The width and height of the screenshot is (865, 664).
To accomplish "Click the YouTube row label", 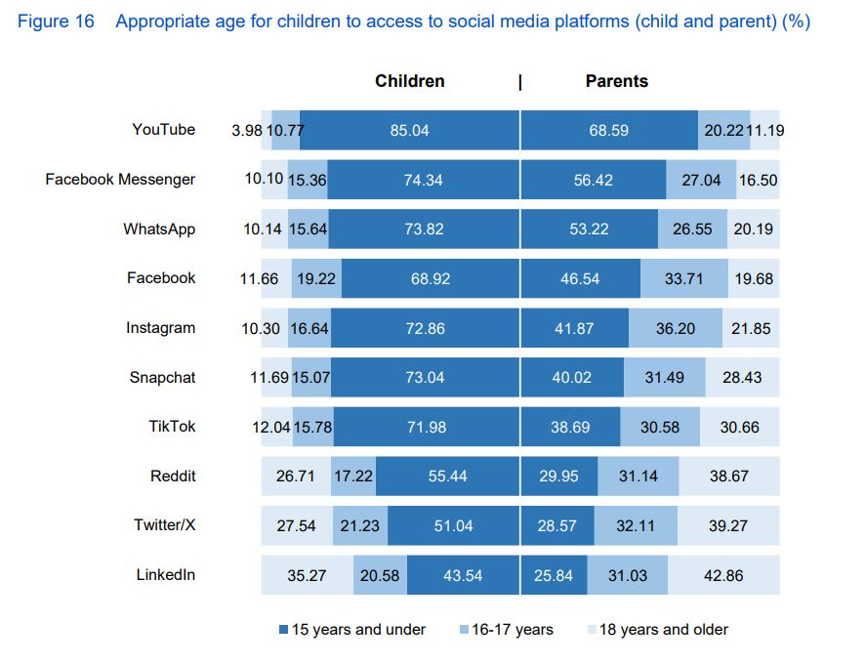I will tap(163, 130).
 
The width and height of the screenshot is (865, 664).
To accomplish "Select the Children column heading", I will tap(409, 82).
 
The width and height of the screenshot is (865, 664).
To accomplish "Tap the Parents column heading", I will tap(616, 82).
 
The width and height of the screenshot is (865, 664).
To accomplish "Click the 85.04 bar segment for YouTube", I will tap(409, 131).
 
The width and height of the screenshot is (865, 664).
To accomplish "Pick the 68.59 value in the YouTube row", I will tap(608, 131).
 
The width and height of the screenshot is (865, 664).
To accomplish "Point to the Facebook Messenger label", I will tap(120, 180).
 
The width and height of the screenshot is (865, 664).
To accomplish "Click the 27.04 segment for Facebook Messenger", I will tap(700, 181).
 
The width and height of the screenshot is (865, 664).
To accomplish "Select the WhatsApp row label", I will tap(159, 229).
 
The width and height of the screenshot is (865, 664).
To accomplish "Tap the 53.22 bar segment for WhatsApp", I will tap(589, 229).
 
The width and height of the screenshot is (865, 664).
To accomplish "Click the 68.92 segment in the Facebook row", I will tap(431, 279).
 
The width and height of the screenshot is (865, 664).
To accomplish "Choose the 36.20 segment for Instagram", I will tap(675, 329).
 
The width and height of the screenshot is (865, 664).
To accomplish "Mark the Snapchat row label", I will tap(162, 378).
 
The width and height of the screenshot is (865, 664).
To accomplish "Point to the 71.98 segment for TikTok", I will tap(425, 428).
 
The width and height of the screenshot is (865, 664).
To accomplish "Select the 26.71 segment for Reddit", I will tap(296, 477).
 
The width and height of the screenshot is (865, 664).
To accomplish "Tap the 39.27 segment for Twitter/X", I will tap(727, 526).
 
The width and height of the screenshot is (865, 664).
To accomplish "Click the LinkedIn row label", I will tap(165, 575).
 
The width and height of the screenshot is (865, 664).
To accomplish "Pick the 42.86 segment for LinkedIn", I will tap(723, 576).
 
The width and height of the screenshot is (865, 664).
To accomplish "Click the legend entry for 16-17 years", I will tap(506, 630).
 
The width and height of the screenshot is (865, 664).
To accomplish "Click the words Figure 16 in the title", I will tap(57, 21).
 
